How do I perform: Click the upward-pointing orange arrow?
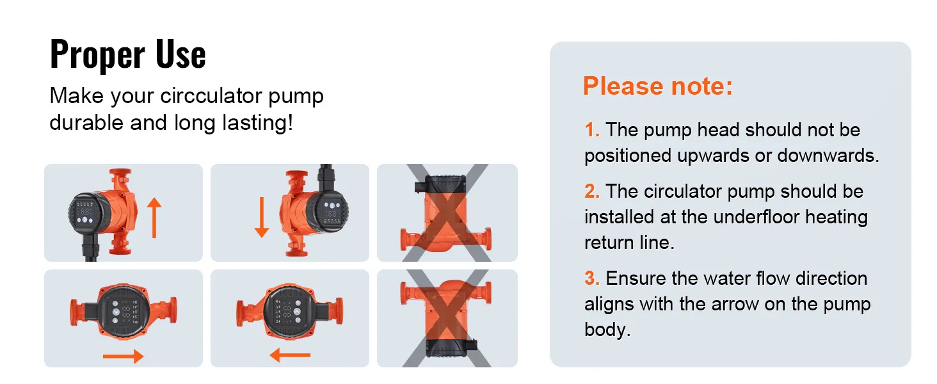pyautogui.click(x=154, y=218)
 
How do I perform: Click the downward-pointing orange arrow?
pyautogui.click(x=262, y=218)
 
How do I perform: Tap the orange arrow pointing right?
pyautogui.click(x=124, y=356)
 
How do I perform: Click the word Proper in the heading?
pyautogui.click(x=97, y=54)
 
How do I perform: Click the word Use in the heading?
pyautogui.click(x=180, y=54)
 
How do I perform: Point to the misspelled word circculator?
pyautogui.click(x=211, y=96)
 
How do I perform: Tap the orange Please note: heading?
pyautogui.click(x=658, y=86)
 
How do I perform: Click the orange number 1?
pyautogui.click(x=591, y=130)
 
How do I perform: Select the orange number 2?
pyautogui.click(x=592, y=191)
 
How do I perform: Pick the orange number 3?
pyautogui.click(x=592, y=278)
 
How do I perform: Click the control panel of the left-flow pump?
pyautogui.click(x=289, y=311)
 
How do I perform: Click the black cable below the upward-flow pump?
pyautogui.click(x=91, y=250)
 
